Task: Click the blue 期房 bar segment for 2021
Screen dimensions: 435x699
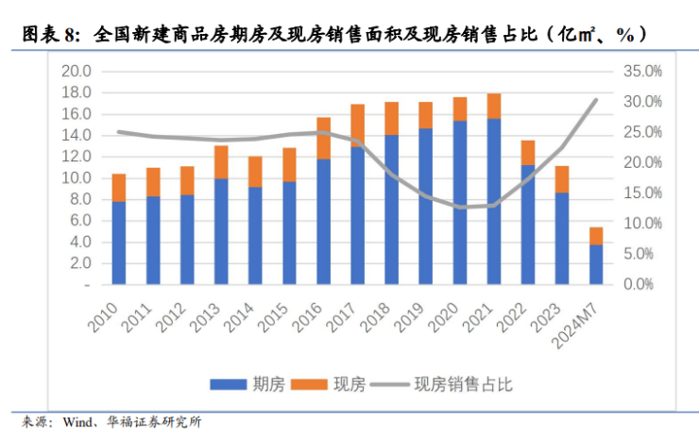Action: [x=494, y=201]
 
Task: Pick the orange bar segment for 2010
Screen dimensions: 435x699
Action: [x=119, y=187]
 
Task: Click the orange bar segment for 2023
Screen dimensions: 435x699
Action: [x=562, y=179]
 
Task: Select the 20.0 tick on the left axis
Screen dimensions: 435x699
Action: [x=76, y=72]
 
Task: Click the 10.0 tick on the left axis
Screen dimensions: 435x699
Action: [x=76, y=178]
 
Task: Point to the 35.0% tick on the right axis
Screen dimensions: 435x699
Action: [x=644, y=72]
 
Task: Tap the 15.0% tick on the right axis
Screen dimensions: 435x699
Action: [x=644, y=193]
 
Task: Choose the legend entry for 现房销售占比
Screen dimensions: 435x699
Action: [x=444, y=384]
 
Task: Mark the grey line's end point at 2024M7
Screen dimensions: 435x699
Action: [x=596, y=99]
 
